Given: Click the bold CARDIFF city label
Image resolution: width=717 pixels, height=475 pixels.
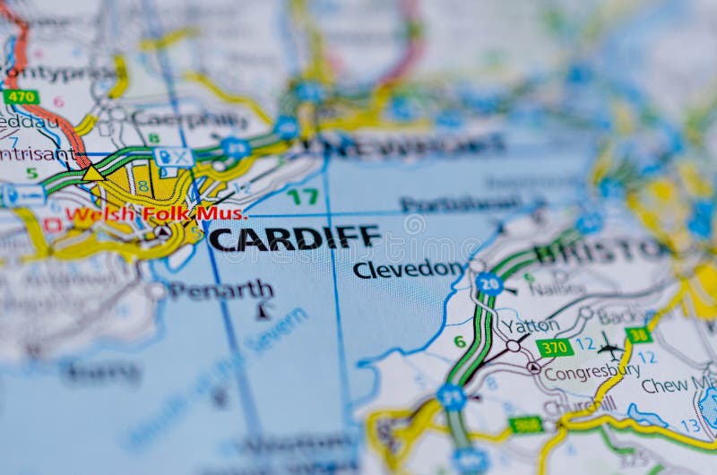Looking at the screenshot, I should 294,238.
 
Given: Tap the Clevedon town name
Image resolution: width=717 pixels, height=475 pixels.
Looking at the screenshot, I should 408,269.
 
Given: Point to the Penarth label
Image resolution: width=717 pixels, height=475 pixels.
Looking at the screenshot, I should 220,289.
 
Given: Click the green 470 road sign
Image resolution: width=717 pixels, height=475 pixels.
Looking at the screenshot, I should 20,96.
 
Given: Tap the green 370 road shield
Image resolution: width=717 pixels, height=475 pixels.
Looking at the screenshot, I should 555,347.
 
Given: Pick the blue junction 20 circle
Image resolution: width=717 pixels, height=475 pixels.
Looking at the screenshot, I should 489,283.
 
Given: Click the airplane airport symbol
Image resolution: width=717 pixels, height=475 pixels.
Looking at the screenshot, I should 610,347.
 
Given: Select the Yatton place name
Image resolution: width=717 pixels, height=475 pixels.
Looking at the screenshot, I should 530,325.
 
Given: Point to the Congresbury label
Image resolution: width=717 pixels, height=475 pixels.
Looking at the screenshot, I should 592,371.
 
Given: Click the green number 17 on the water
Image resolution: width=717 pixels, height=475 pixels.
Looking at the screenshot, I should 302,196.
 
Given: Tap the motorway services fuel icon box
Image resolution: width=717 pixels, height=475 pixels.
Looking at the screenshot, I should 173,158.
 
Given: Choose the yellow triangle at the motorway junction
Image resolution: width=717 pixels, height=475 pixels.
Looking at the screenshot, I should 93,173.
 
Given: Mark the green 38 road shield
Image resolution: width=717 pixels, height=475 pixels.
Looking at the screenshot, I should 638,335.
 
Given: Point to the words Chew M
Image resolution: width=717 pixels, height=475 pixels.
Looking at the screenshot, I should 678,385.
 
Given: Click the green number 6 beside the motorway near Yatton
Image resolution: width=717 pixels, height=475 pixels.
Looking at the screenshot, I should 460,341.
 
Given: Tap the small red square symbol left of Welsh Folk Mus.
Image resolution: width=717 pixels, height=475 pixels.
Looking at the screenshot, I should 52,224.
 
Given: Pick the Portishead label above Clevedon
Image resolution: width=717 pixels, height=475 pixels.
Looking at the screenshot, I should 461,204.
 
